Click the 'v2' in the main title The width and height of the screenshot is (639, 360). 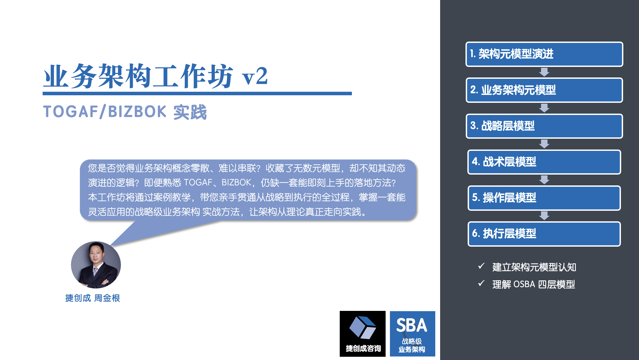tap(255, 76)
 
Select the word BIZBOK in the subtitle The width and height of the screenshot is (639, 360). tap(137, 111)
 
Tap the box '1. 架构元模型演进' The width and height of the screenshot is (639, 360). tap(544, 54)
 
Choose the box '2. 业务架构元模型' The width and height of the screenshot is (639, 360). tap(544, 90)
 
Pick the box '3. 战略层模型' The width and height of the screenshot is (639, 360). tap(544, 126)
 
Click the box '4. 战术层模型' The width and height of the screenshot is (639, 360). tap(544, 162)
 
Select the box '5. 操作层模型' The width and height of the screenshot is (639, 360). tap(544, 198)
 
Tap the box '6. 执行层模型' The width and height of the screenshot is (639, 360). tap(544, 234)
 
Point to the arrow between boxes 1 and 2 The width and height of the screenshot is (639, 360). tap(544, 72)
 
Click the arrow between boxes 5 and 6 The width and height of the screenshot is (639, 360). tap(544, 216)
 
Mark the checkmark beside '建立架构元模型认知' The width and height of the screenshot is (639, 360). tap(481, 266)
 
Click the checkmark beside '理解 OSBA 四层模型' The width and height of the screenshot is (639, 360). tap(481, 283)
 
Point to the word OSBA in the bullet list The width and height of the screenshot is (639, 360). tap(524, 284)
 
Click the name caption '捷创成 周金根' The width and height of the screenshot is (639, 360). tap(93, 298)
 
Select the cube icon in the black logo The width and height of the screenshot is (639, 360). tap(363, 327)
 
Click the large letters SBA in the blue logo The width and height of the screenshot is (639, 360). tap(412, 325)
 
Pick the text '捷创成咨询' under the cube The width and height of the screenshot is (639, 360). tap(363, 348)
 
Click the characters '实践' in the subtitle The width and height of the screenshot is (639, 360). tap(190, 112)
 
